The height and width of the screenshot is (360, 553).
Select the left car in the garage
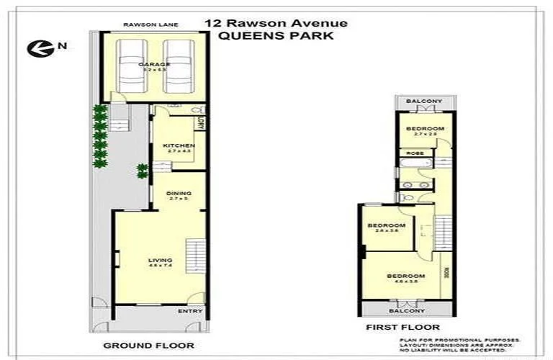click(130, 66)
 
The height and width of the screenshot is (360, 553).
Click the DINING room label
click(178, 193)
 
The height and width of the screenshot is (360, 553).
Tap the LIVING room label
click(160, 261)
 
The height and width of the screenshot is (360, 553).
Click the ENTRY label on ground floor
click(189, 311)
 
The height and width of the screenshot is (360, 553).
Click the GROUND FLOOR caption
click(148, 346)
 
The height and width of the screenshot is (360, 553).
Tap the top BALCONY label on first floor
click(423, 102)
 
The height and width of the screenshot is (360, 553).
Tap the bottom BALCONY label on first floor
click(407, 310)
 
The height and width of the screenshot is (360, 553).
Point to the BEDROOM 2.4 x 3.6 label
click(387, 226)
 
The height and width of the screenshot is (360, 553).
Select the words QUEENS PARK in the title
click(276, 36)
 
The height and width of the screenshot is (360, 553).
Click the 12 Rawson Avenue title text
click(276, 23)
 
